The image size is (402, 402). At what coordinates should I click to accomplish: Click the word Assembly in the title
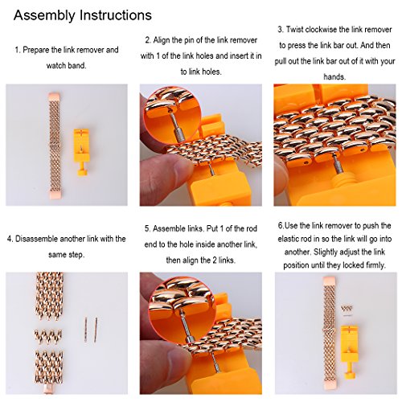tap(44, 15)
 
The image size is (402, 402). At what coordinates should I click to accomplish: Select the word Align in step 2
tap(162, 40)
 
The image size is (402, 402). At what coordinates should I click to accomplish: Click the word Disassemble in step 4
tap(36, 239)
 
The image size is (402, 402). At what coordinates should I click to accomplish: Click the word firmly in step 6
tap(375, 265)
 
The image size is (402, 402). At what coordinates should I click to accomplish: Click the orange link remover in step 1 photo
tap(81, 152)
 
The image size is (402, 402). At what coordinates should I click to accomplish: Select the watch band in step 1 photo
tap(55, 146)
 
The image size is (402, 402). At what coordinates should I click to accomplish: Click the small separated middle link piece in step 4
tap(48, 336)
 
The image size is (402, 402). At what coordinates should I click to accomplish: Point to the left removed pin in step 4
tap(86, 330)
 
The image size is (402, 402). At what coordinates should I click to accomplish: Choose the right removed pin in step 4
tap(96, 330)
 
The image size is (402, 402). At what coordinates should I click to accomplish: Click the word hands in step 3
tap(334, 77)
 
